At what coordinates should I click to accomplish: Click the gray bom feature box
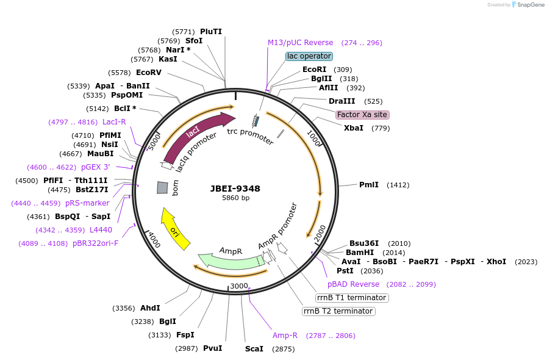[x=162, y=188]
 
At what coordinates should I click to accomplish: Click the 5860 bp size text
[x=235, y=198]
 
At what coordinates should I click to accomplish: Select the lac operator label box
[x=309, y=56]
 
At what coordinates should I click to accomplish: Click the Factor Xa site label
[x=362, y=115]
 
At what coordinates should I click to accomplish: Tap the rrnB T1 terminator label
[x=352, y=298]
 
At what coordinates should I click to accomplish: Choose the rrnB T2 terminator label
[x=338, y=311]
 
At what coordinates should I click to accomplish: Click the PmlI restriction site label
[x=369, y=185]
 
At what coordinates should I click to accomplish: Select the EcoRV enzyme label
[x=149, y=73]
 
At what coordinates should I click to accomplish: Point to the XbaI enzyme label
[x=354, y=128]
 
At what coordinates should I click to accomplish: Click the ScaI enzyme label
[x=254, y=349]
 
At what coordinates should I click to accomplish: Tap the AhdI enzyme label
[x=150, y=308]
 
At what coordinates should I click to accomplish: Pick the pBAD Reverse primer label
[x=353, y=284]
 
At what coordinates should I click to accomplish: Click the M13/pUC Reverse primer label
[x=301, y=43]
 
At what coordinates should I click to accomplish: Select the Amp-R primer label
[x=285, y=336]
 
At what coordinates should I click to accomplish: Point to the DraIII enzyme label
[x=341, y=101]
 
